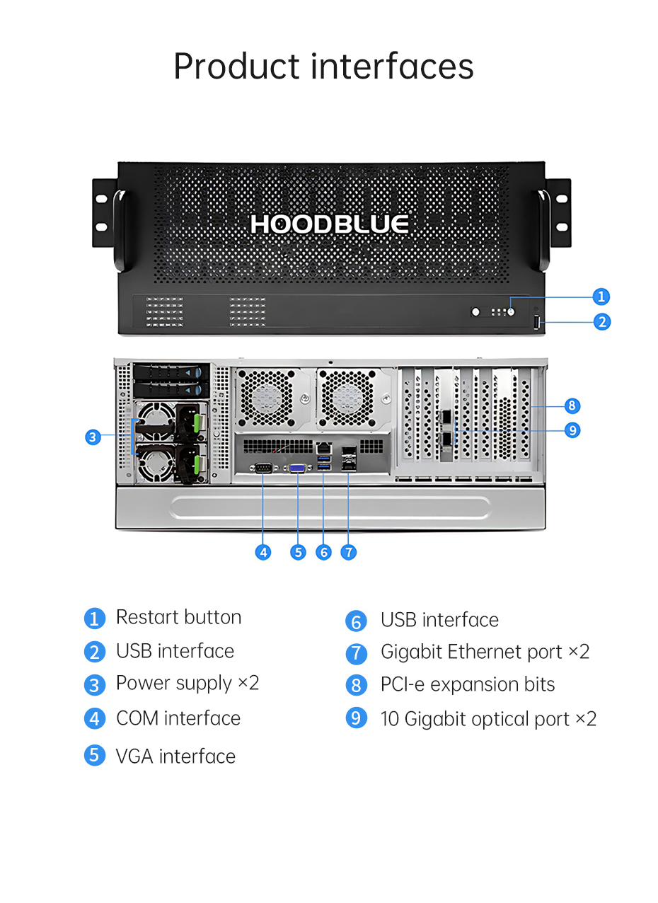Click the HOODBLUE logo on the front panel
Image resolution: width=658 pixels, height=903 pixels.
tap(329, 224)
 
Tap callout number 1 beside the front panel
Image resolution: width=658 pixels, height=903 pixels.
tap(601, 297)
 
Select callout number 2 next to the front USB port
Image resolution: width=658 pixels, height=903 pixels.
tap(601, 322)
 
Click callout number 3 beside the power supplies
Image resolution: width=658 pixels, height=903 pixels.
tap(93, 437)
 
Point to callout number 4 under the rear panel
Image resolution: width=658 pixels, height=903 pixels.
tap(263, 552)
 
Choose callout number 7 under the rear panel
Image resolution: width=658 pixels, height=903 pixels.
tap(349, 552)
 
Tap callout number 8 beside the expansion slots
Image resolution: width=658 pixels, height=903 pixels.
tap(572, 406)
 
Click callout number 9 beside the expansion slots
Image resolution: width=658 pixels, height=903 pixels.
tap(572, 430)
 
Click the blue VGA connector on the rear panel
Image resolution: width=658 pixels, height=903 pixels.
tap(297, 468)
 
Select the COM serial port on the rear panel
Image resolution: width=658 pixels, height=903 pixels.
tap(263, 468)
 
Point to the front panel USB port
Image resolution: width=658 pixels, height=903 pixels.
tap(536, 323)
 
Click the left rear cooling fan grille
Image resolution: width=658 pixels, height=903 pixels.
tap(266, 398)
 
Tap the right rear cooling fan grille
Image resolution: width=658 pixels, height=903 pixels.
tap(347, 398)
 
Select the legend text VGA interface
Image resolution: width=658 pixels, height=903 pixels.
tap(175, 757)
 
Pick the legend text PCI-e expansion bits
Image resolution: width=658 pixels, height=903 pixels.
tap(468, 684)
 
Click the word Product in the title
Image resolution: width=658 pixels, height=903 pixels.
tap(236, 67)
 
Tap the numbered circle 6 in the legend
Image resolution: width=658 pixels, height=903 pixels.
tap(356, 621)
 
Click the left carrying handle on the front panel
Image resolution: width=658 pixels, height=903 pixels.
tap(120, 231)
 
